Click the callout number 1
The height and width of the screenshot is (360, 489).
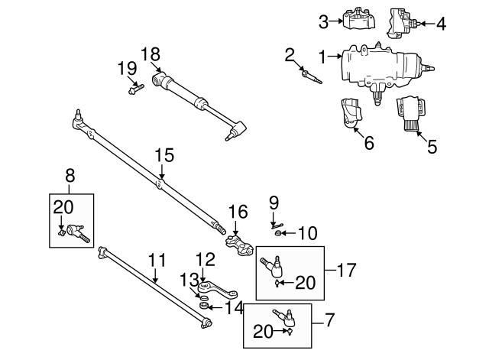pos(323,56)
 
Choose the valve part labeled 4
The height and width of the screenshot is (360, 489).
pos(400,22)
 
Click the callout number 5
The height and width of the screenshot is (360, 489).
pos(432,147)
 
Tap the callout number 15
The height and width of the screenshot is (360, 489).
pos(160,154)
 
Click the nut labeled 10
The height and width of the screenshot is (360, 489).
pos(280,233)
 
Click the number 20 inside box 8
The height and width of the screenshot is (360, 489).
pos(64,206)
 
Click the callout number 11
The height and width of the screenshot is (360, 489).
pos(156,260)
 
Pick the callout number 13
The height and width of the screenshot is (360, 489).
pos(187,277)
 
